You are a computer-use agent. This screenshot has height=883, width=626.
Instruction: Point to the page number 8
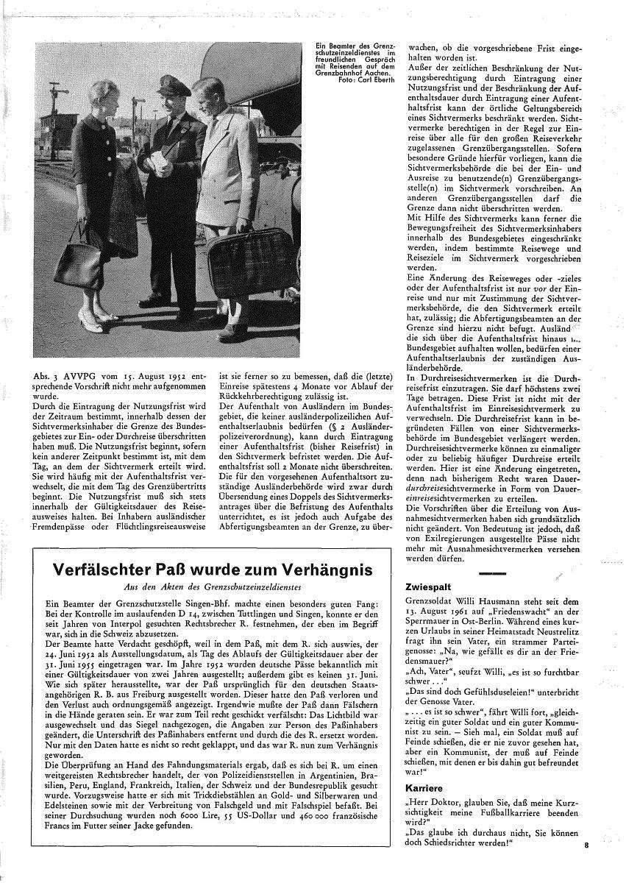point(586,845)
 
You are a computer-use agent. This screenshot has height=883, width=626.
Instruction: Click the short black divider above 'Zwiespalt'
point(492,572)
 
